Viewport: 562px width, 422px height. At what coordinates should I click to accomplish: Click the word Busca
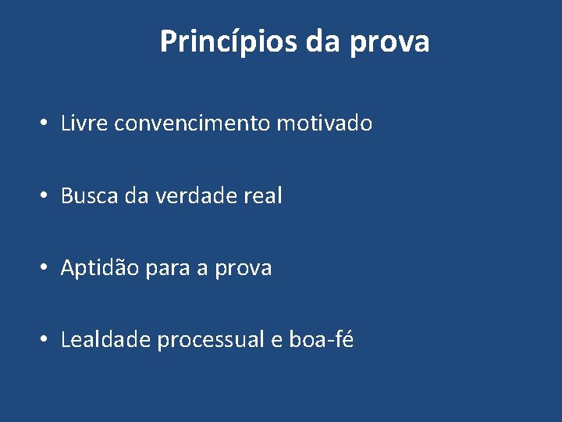89,195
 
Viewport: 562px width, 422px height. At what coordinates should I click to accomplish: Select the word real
263,195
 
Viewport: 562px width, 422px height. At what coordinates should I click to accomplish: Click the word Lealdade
105,340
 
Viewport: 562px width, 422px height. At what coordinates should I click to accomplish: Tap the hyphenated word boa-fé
321,340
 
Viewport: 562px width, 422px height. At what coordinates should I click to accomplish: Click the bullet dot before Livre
46,124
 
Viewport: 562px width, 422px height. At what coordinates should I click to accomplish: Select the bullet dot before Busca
46,196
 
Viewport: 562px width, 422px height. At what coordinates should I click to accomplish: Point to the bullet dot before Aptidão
46,269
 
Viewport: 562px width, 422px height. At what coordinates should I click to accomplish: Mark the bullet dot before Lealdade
46,341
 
